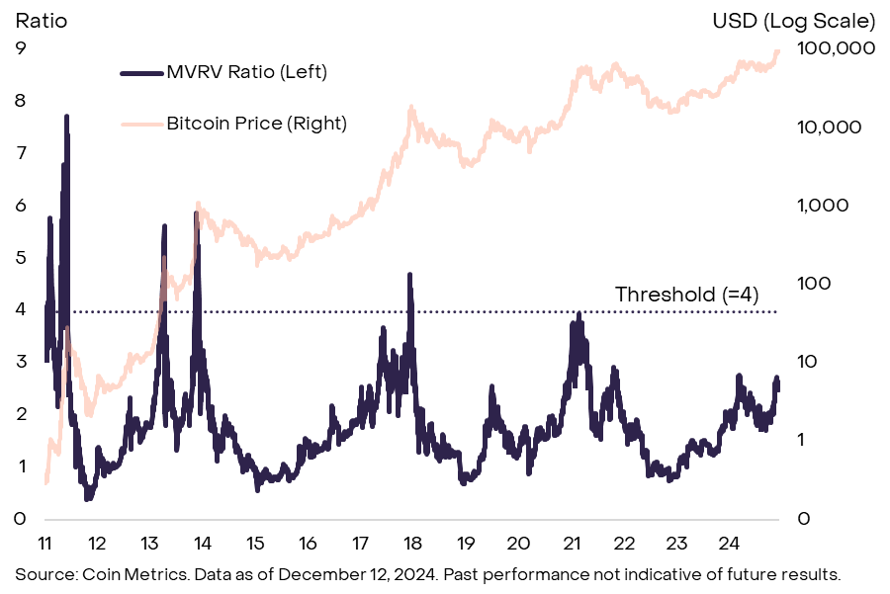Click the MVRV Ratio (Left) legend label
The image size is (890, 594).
click(x=246, y=71)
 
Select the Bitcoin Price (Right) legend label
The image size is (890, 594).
click(x=256, y=124)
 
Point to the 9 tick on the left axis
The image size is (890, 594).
click(x=20, y=48)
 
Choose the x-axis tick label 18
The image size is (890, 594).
click(x=413, y=543)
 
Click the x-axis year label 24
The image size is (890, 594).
click(x=728, y=543)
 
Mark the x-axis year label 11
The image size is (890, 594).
click(x=45, y=543)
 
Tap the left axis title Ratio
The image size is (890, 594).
click(x=41, y=21)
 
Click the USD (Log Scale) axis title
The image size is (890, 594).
click(x=794, y=21)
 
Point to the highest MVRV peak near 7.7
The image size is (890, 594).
click(x=66, y=117)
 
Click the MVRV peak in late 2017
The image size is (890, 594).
click(x=408, y=276)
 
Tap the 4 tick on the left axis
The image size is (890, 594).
click(x=20, y=309)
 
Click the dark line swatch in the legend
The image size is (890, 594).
click(x=140, y=72)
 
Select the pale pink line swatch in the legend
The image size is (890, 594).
click(x=140, y=125)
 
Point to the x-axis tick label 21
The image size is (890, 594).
click(x=571, y=543)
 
